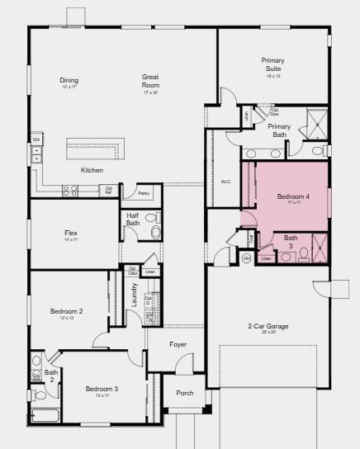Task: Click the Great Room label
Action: [x=150, y=81]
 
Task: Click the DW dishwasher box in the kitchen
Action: [x=36, y=140]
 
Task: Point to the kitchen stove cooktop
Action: [x=70, y=190]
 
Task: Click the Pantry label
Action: [x=144, y=193]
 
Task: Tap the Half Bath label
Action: [x=133, y=219]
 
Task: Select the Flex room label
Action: [x=70, y=234]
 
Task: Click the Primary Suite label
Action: [x=272, y=64]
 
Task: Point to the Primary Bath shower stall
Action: [x=315, y=125]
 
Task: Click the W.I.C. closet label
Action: [x=225, y=182]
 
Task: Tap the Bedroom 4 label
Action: [x=293, y=197]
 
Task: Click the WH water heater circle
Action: [x=246, y=258]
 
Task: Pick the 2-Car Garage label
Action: [x=268, y=327]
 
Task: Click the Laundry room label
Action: [x=135, y=295]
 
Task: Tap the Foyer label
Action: [x=178, y=344]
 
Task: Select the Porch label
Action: [x=185, y=393]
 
